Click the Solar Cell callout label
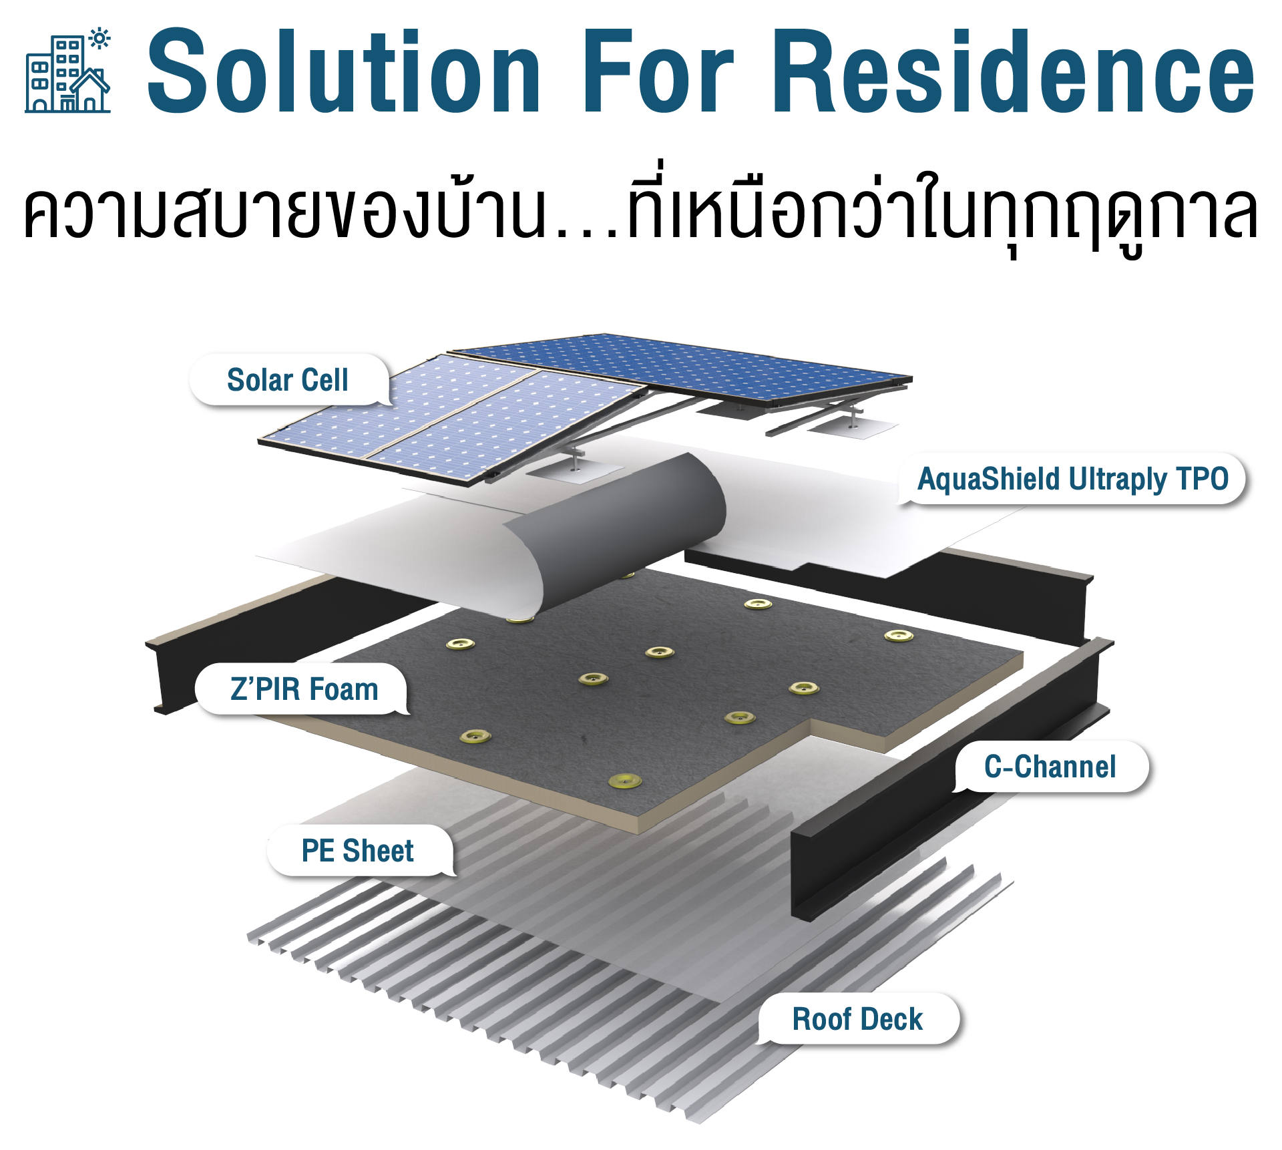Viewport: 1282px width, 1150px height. (288, 380)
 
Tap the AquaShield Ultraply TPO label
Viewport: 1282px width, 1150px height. (1072, 479)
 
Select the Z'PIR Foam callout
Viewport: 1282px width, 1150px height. (304, 689)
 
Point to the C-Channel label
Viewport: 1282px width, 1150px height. (1050, 767)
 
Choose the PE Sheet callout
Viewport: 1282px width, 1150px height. (358, 851)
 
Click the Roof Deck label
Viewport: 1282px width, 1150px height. (857, 1019)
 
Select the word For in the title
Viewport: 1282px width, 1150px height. (658, 71)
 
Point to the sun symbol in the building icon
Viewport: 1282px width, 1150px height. (100, 39)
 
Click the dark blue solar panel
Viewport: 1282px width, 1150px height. (681, 367)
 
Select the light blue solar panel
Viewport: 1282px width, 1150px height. (447, 421)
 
